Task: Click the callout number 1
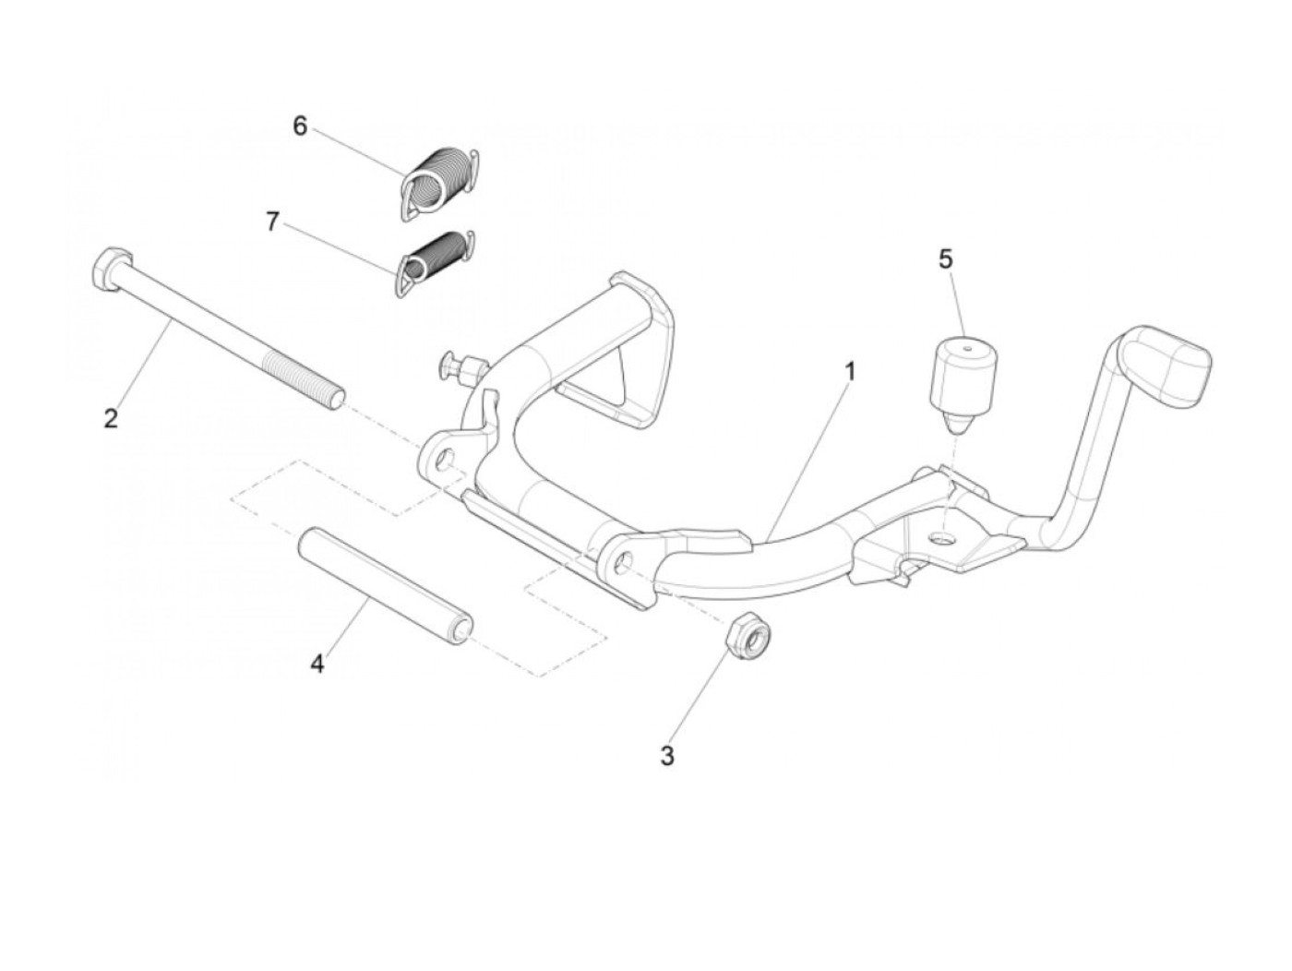click(850, 372)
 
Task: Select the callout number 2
click(111, 418)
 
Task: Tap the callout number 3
click(667, 756)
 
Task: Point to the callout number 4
click(317, 664)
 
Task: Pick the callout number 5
click(945, 259)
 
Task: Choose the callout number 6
click(300, 126)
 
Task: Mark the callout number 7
click(272, 222)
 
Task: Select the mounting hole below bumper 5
click(943, 536)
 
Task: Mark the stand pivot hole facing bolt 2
click(446, 459)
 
